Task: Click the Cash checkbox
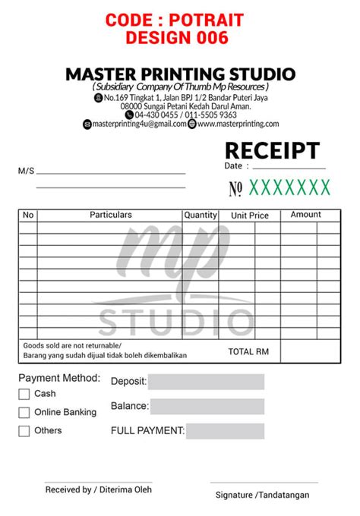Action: tap(24, 394)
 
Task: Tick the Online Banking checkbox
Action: tap(24, 413)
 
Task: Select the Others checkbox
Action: tap(24, 431)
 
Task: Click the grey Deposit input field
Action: tap(206, 382)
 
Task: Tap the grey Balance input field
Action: tap(207, 407)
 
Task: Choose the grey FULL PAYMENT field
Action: tap(225, 431)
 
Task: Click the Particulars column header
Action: tap(111, 216)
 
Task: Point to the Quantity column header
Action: tap(201, 216)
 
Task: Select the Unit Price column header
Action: tap(250, 216)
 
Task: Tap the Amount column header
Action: tap(306, 216)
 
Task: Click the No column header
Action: tap(29, 216)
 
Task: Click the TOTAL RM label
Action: tap(249, 351)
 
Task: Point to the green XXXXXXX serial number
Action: tap(290, 187)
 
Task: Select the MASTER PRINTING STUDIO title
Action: tap(180, 74)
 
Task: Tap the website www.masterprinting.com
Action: tap(238, 124)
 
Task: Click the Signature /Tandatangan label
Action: tap(273, 495)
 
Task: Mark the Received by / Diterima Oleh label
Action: tap(99, 489)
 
